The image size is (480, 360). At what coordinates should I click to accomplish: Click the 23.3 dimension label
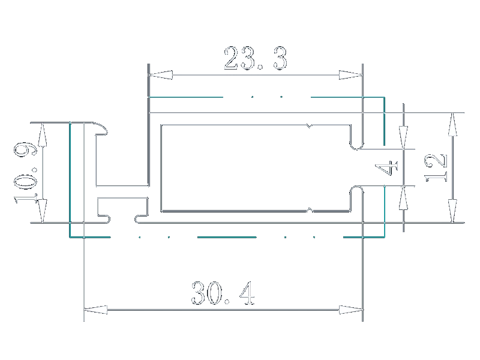pyautogui.click(x=256, y=58)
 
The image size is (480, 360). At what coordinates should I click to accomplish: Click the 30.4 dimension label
pyautogui.click(x=223, y=293)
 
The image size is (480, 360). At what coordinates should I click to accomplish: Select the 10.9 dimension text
pyautogui.click(x=25, y=172)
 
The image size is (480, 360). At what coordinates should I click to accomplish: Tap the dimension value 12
pyautogui.click(x=436, y=168)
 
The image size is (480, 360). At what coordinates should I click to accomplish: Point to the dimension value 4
pyautogui.click(x=386, y=168)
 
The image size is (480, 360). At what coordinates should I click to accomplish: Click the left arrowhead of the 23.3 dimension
pyautogui.click(x=160, y=75)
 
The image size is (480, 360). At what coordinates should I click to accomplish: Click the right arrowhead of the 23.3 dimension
pyautogui.click(x=351, y=75)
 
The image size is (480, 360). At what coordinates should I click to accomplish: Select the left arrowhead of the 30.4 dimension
pyautogui.click(x=95, y=310)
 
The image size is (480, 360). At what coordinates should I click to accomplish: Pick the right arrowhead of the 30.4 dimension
pyautogui.click(x=351, y=310)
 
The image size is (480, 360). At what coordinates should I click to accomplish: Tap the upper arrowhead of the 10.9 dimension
pyautogui.click(x=43, y=134)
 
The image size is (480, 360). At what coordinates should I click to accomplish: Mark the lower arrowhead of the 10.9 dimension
pyautogui.click(x=43, y=211)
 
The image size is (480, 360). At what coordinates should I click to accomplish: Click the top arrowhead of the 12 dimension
pyautogui.click(x=453, y=125)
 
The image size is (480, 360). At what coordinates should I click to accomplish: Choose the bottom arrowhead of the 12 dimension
pyautogui.click(x=453, y=211)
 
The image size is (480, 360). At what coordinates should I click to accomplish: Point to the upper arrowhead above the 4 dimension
pyautogui.click(x=403, y=137)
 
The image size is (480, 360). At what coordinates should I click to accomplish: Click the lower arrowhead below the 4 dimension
pyautogui.click(x=403, y=198)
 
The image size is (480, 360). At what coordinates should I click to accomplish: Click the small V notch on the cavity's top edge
pyautogui.click(x=310, y=126)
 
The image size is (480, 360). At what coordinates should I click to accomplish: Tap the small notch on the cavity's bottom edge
pyautogui.click(x=310, y=210)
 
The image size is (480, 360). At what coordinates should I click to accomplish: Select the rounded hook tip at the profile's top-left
pyautogui.click(x=104, y=129)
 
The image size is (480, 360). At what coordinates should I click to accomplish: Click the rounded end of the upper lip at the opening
pyautogui.click(x=357, y=146)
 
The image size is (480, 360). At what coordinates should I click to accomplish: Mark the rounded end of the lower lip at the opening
pyautogui.click(x=357, y=188)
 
